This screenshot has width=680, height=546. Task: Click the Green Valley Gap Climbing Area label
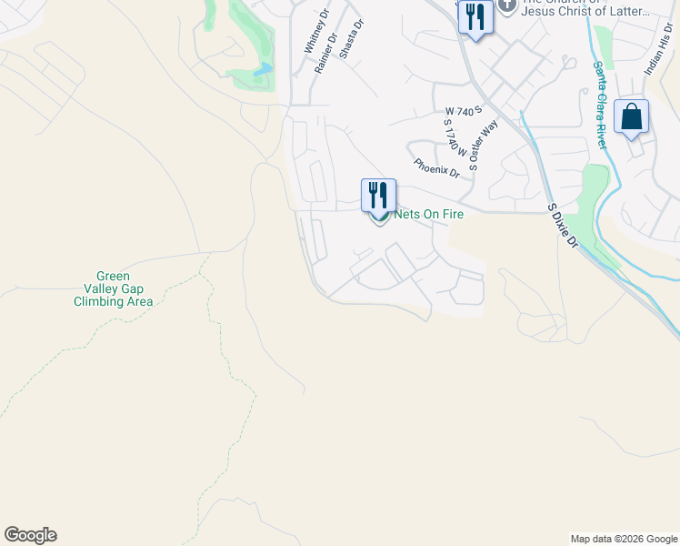point(113,288)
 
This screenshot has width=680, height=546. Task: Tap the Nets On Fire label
point(428,215)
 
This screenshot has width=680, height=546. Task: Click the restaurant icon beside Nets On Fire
point(378,195)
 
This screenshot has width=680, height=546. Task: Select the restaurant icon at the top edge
point(475,17)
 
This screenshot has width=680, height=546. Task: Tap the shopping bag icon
point(631,118)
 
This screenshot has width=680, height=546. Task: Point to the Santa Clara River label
point(601,95)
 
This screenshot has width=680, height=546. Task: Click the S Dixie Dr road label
point(564,226)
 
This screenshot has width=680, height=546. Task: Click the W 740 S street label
point(463,111)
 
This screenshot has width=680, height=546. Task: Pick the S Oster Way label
point(485,145)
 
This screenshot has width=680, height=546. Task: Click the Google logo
point(30,535)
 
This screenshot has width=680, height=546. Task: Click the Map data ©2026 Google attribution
point(623,539)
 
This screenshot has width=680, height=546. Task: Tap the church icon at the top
point(506,5)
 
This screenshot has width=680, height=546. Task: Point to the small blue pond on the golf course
point(264,68)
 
